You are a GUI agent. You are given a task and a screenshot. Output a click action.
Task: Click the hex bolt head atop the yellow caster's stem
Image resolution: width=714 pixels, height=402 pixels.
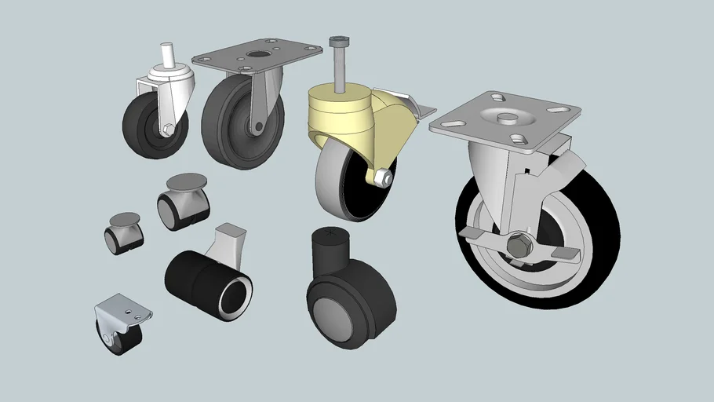[338, 41]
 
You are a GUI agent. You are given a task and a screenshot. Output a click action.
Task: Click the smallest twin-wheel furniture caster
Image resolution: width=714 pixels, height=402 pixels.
[123, 233]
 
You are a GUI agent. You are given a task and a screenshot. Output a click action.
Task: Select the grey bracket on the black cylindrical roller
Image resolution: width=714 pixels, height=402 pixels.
[229, 239]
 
